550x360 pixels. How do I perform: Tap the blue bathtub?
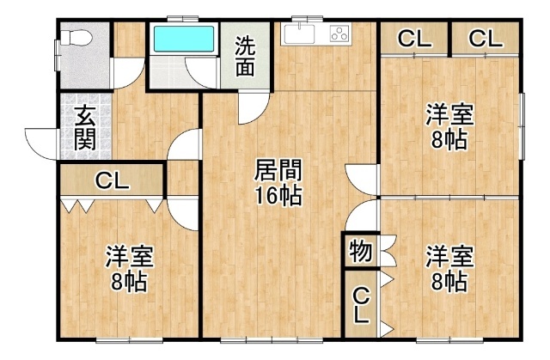[182, 40]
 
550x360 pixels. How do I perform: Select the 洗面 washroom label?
[245, 57]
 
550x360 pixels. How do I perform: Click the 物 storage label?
[360, 251]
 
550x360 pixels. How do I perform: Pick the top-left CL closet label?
[414, 39]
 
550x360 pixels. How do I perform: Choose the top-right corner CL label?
[486, 39]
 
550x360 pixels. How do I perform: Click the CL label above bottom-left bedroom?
[112, 181]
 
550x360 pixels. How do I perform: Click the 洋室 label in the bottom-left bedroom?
[130, 255]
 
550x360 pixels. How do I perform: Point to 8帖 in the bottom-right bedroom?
[449, 281]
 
